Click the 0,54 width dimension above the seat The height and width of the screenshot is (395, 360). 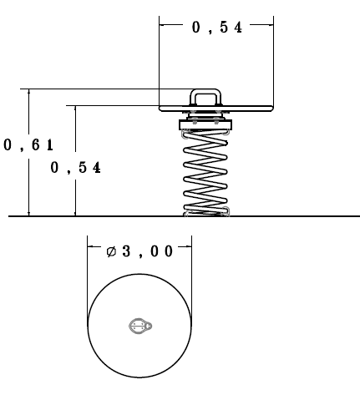[217, 28]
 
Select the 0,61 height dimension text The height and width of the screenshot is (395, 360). [28, 145]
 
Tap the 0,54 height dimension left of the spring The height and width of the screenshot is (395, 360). [75, 168]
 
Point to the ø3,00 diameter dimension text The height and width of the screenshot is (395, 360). [139, 251]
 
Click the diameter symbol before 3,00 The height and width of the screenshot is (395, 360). [111, 251]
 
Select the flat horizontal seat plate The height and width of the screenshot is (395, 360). [216, 109]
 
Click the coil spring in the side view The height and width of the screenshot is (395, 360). [205, 172]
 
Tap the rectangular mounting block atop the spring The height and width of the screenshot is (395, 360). [205, 124]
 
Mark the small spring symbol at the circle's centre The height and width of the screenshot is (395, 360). [140, 326]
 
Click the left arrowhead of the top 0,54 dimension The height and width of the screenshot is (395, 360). [162, 25]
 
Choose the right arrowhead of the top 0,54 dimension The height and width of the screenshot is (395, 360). [271, 25]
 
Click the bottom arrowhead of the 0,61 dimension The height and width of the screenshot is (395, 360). [29, 213]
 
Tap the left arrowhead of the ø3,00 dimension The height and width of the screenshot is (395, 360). [90, 246]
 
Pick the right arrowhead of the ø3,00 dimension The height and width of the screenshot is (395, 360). [189, 246]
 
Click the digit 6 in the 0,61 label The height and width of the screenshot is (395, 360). [35, 145]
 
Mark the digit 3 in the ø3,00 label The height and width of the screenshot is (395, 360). [126, 251]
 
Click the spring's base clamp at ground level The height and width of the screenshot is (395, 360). [206, 212]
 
